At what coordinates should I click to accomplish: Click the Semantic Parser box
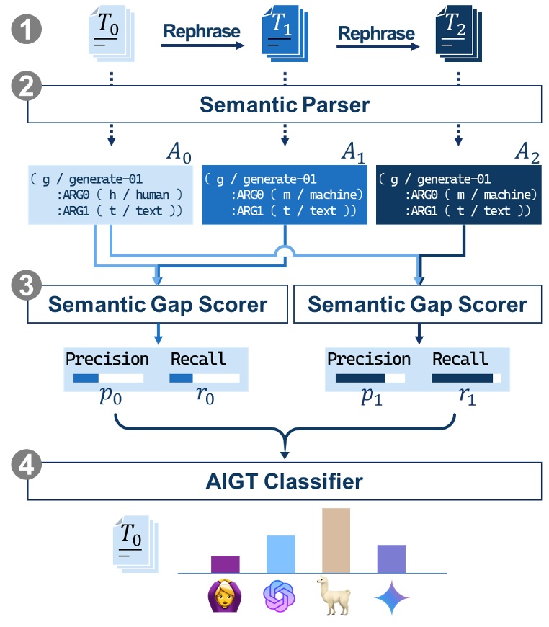pos(284,105)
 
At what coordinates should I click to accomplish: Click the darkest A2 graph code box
pos(458,195)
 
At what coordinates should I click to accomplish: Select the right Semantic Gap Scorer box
pos(417,304)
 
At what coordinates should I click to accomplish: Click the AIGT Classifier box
pos(284,481)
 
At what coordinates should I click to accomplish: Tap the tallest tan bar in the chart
pos(336,540)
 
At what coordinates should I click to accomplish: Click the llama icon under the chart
pos(334,596)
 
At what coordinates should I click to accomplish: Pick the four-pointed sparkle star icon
pos(391,597)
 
